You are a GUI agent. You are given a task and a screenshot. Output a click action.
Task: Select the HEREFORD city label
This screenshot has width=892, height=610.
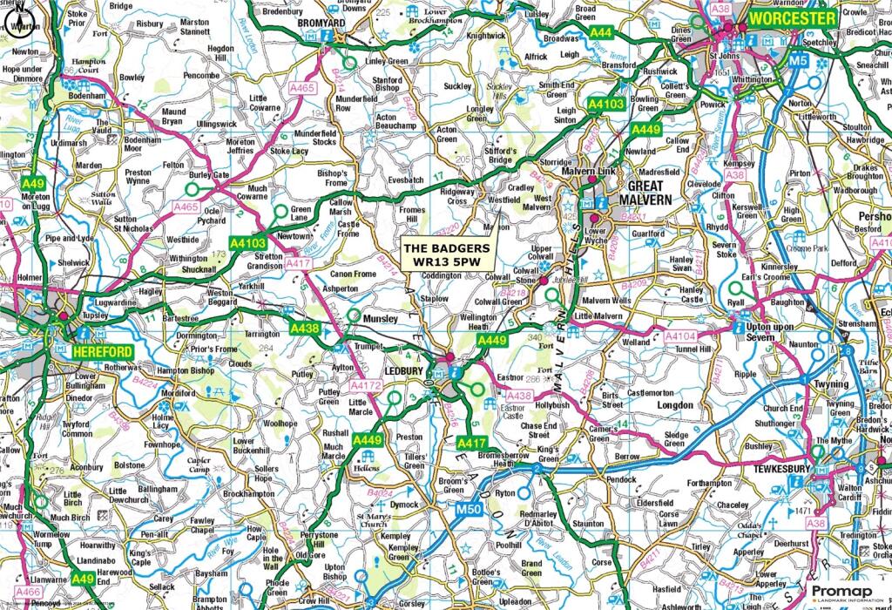pos(103,351)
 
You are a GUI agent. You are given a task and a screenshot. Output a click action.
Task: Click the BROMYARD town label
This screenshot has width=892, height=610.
pos(322,24)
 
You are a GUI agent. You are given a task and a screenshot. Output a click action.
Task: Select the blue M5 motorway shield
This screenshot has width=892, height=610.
pos(798,62)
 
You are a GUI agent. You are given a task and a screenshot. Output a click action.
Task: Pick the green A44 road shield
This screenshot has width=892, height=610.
pos(600,32)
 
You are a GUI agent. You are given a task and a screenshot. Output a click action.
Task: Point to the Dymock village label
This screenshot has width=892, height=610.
pos(403,505)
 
